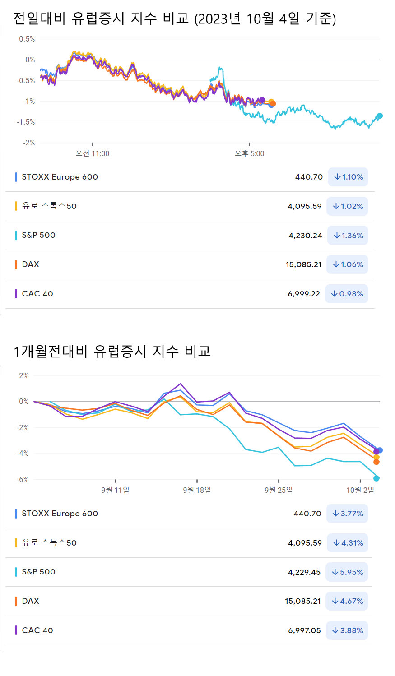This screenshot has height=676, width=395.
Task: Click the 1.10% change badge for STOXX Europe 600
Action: (x=348, y=177)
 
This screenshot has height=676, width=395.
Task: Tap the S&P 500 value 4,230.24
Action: (x=305, y=236)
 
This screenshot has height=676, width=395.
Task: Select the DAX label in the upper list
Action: (x=30, y=264)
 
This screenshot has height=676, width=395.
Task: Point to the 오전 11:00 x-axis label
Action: (x=92, y=153)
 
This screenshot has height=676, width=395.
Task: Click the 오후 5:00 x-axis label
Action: (x=249, y=153)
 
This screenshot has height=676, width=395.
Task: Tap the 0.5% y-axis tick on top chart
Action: (x=27, y=39)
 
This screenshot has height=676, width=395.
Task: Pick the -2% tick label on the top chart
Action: (x=29, y=143)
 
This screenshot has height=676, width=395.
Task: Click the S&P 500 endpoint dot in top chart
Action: (x=380, y=116)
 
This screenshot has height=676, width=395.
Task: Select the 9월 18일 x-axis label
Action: (x=197, y=490)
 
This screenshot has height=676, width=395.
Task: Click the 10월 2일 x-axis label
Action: (x=360, y=490)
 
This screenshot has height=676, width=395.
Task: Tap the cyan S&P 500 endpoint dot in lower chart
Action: (x=376, y=478)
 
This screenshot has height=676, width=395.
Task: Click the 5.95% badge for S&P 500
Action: (x=347, y=572)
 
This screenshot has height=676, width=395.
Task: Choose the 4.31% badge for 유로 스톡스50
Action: (x=347, y=543)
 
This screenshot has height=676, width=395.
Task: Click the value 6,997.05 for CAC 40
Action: (x=304, y=630)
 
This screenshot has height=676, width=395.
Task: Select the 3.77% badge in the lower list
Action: (x=347, y=514)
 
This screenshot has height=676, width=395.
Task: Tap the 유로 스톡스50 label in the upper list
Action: (x=49, y=206)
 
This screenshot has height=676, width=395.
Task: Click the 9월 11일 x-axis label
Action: (x=115, y=490)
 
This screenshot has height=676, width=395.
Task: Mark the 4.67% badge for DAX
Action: (x=347, y=601)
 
